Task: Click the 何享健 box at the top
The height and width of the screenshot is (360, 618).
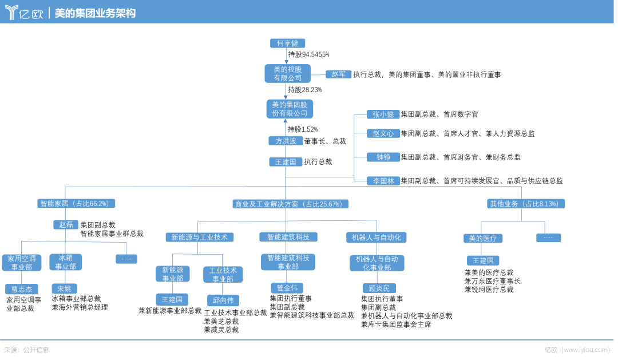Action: coord(287,43)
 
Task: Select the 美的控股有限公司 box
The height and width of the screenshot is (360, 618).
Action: coord(288,74)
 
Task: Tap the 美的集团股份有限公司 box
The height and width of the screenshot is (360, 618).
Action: coord(290,109)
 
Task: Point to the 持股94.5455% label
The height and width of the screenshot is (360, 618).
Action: coord(308,54)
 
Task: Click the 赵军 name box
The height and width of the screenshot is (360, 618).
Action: coord(339,74)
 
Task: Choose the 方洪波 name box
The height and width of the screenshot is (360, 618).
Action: coord(286,141)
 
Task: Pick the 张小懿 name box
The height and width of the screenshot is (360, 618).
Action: coord(383,114)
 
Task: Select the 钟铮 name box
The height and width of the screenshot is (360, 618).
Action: coord(383,157)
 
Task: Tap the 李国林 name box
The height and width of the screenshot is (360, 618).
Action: coord(383,181)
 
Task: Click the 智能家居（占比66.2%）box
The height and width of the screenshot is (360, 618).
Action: coord(76,203)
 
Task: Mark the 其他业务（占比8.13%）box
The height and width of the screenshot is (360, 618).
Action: coord(525,204)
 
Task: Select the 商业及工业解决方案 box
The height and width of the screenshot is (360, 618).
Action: coord(290,204)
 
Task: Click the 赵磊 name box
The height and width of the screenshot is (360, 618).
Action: coord(66,225)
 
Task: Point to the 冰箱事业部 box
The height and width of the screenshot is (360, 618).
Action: coord(65,262)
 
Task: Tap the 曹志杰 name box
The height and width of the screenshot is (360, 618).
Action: coord(22,289)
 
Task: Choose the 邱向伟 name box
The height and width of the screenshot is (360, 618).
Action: coord(223,300)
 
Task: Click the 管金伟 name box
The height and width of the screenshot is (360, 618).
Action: coord(287,288)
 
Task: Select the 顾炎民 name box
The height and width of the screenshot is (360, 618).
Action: coord(379,288)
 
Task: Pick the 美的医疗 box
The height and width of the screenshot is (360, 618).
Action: coord(483,238)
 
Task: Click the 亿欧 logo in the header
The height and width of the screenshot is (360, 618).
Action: coord(24,13)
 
